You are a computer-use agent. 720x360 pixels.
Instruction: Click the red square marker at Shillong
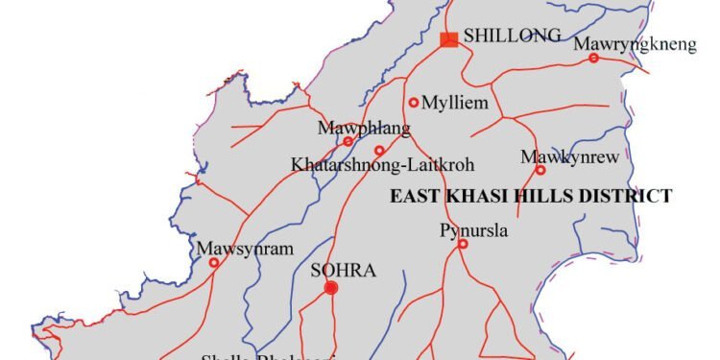click(448, 39)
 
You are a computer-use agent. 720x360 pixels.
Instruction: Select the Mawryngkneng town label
click(622, 44)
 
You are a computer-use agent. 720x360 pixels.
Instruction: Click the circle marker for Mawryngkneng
click(593, 59)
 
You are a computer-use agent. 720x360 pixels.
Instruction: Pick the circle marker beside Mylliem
click(414, 103)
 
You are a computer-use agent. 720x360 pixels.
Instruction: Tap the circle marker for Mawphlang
click(348, 142)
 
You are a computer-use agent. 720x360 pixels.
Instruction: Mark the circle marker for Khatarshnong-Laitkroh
click(379, 151)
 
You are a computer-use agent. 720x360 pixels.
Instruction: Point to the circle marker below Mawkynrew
click(540, 171)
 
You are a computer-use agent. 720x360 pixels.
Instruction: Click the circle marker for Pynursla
click(462, 244)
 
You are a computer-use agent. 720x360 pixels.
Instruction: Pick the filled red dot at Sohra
click(331, 288)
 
